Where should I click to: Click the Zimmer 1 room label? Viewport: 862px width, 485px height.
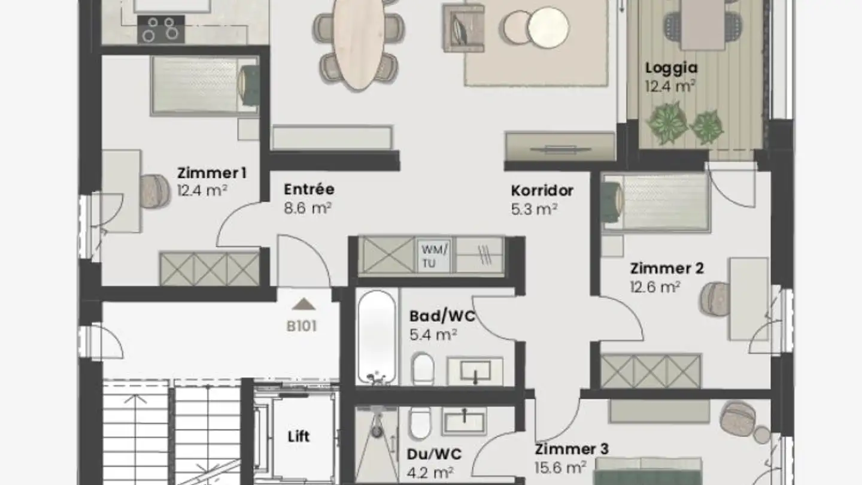(x=211, y=173)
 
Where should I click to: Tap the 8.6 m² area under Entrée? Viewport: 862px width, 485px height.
(x=308, y=208)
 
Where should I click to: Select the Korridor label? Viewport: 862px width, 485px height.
(x=542, y=190)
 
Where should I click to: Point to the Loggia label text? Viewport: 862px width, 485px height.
(x=671, y=68)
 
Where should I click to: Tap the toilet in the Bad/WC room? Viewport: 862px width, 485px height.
(x=423, y=368)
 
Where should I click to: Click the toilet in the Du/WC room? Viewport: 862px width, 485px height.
(x=419, y=423)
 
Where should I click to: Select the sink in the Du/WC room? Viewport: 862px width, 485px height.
(x=464, y=420)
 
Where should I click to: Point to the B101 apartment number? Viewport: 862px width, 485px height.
(x=301, y=327)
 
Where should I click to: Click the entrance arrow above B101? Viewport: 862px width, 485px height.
(x=304, y=304)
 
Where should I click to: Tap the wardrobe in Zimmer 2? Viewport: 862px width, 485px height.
(x=651, y=371)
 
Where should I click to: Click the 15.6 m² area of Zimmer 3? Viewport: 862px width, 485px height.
(x=560, y=466)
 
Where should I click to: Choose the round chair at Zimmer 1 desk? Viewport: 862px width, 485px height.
(x=156, y=191)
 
